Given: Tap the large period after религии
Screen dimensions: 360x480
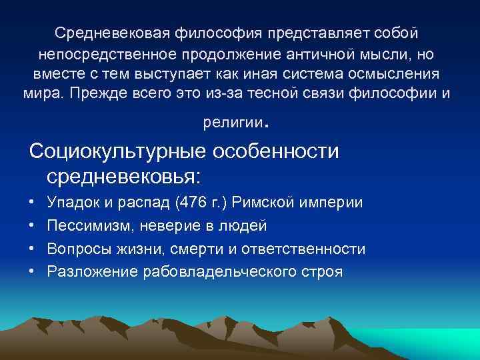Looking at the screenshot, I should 267,125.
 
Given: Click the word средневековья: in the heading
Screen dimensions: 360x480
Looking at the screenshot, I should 124,177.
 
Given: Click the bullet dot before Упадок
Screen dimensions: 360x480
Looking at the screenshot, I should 33,202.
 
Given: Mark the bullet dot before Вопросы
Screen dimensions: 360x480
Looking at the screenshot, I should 33,249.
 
